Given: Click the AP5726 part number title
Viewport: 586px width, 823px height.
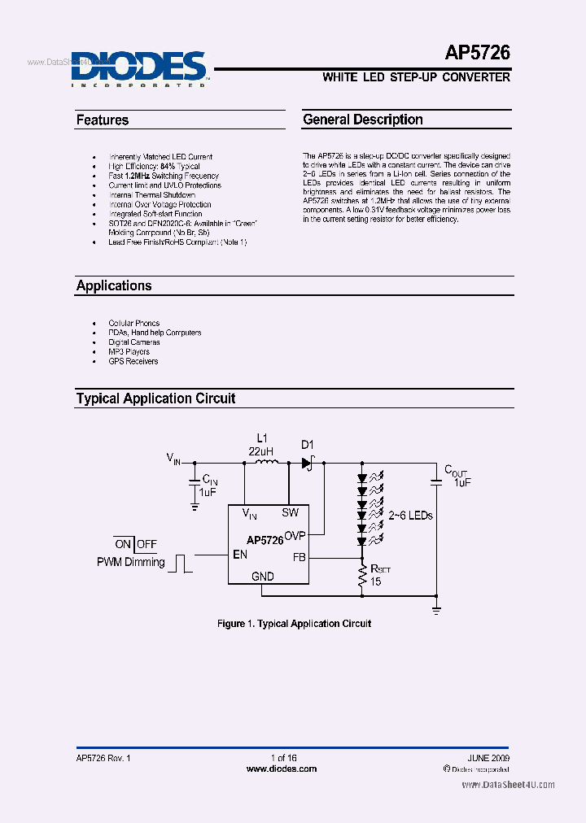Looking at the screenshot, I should pos(477,54).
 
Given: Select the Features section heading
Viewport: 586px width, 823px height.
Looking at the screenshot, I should pos(103,120).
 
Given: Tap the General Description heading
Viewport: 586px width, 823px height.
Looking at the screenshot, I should pos(363,120).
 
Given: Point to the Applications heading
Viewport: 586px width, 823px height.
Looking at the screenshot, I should pos(114,286).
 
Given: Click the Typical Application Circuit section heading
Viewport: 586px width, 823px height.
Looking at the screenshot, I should pos(155,398).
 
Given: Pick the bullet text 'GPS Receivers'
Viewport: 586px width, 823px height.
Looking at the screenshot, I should pos(133,361).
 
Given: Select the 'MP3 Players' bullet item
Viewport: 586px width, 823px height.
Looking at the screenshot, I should pos(129,352).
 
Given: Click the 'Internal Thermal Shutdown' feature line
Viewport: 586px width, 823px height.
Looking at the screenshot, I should pos(152,195).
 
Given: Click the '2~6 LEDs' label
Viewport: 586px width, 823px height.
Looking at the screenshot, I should pos(411,516).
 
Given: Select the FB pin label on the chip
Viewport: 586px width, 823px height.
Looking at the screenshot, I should pos(299,559).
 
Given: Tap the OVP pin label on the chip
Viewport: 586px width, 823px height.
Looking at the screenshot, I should pos(295,537).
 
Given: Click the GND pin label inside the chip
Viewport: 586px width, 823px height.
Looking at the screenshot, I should pos(263,577).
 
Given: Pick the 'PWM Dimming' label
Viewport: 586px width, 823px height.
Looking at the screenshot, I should pos(130,562).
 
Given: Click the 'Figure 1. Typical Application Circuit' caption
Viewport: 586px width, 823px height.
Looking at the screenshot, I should pos(294,624).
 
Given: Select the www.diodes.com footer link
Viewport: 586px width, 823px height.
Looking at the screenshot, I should pos(281,769).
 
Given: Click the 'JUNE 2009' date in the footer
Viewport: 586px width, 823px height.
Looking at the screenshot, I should pos(489,758).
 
